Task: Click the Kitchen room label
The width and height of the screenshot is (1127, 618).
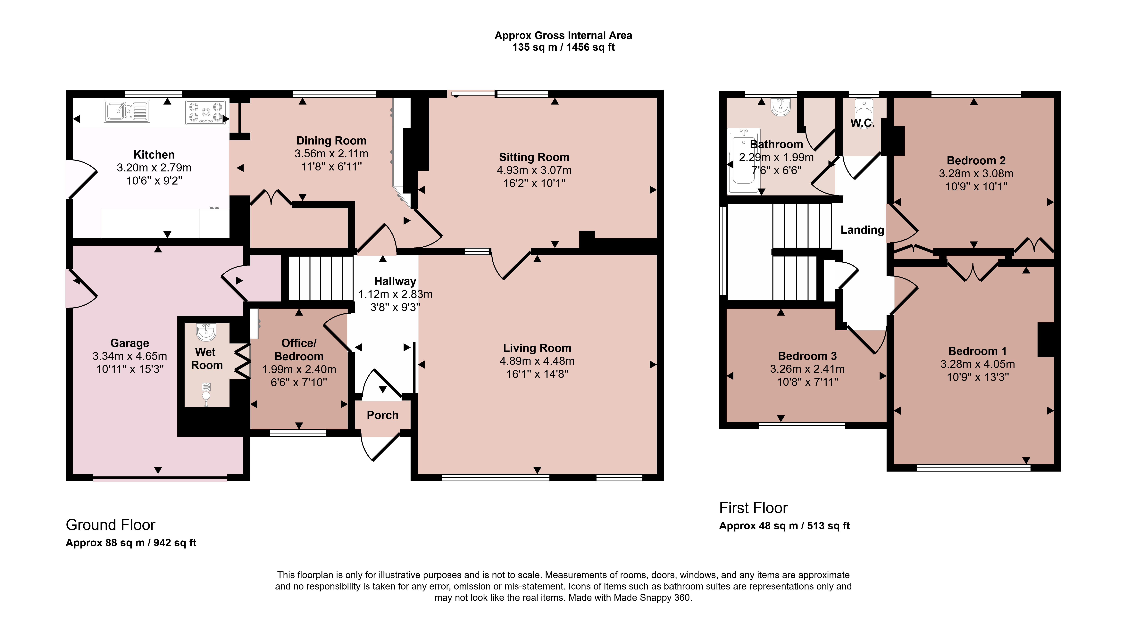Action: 154,155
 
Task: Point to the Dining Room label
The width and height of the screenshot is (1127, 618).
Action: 331,141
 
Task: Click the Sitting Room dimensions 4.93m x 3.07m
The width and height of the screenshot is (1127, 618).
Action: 534,170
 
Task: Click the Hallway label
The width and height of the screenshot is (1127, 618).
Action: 395,281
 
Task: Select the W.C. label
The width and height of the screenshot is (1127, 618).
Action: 862,123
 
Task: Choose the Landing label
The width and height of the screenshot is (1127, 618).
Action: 862,230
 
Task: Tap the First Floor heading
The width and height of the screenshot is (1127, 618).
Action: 753,508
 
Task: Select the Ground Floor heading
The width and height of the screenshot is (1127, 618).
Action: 111,525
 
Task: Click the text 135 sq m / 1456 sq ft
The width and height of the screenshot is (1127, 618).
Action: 563,47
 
